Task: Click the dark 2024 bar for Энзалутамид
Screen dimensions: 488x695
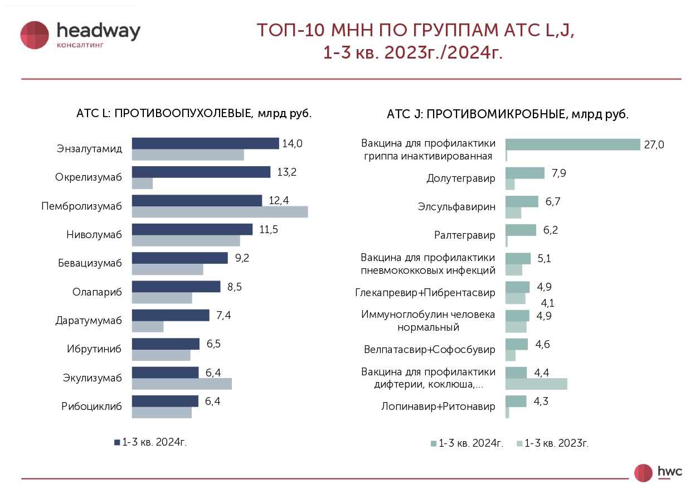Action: [205, 143]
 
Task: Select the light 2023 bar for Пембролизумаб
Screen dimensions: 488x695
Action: [220, 212]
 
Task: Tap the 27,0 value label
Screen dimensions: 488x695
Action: [654, 145]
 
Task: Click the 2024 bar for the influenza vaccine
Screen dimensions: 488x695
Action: [572, 144]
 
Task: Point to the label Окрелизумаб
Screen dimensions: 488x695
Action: [88, 177]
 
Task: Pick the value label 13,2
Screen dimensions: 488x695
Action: [286, 172]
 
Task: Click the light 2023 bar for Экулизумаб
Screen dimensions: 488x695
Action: [182, 384]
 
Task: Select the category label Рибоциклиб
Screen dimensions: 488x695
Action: [91, 406]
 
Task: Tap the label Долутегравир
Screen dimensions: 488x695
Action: [460, 178]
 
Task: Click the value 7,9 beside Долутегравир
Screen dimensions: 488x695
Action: [558, 173]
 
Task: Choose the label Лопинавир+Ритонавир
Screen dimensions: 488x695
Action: [438, 407]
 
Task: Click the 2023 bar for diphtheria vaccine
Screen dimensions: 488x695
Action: [536, 384]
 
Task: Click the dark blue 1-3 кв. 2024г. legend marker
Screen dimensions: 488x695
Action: [117, 442]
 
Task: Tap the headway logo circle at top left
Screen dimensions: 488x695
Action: [35, 35]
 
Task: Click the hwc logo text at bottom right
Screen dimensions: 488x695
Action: [670, 471]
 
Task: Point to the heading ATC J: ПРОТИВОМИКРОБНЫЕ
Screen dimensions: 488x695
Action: [507, 114]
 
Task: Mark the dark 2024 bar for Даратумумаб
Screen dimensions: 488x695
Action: [171, 315]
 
